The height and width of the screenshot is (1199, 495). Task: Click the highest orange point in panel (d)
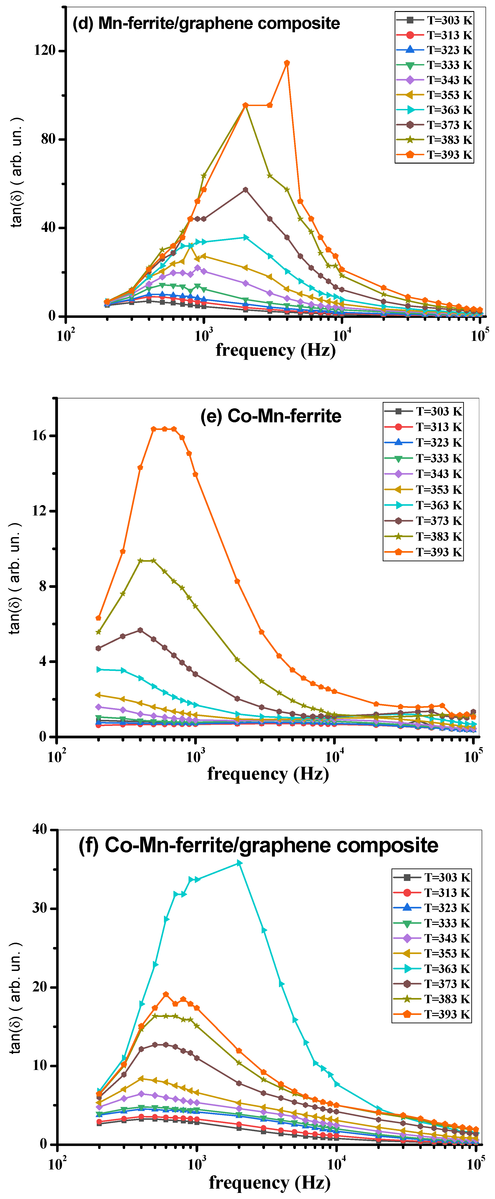[x=287, y=63]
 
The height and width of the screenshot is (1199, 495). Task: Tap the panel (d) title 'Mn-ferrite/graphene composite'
[x=219, y=23]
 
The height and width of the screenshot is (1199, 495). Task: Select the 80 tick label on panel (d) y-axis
[x=48, y=139]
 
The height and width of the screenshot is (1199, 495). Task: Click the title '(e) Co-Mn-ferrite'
[x=271, y=416]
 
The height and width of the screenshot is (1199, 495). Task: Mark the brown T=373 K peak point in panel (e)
[x=140, y=630]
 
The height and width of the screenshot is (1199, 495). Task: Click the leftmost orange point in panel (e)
[x=98, y=618]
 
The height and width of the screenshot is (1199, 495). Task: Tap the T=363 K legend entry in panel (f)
[x=432, y=969]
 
